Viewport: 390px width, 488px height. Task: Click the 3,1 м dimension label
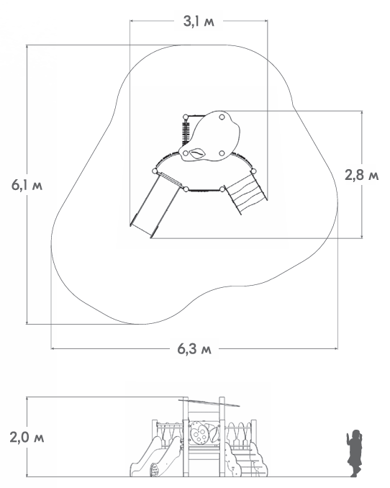[x=199, y=21]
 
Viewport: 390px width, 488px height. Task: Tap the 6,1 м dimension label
[x=27, y=185]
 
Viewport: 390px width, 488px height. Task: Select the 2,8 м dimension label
[x=362, y=175]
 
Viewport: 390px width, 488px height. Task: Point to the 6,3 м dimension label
[x=194, y=348]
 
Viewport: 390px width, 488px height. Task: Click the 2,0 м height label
[x=27, y=438]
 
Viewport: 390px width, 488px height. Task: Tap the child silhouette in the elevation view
[x=354, y=453]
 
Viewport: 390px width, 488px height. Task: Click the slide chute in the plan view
[x=155, y=204]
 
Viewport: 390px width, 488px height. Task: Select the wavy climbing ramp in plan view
[x=246, y=194]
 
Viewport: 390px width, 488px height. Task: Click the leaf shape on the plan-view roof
[x=197, y=153]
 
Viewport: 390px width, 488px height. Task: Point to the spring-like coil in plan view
[x=186, y=132]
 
